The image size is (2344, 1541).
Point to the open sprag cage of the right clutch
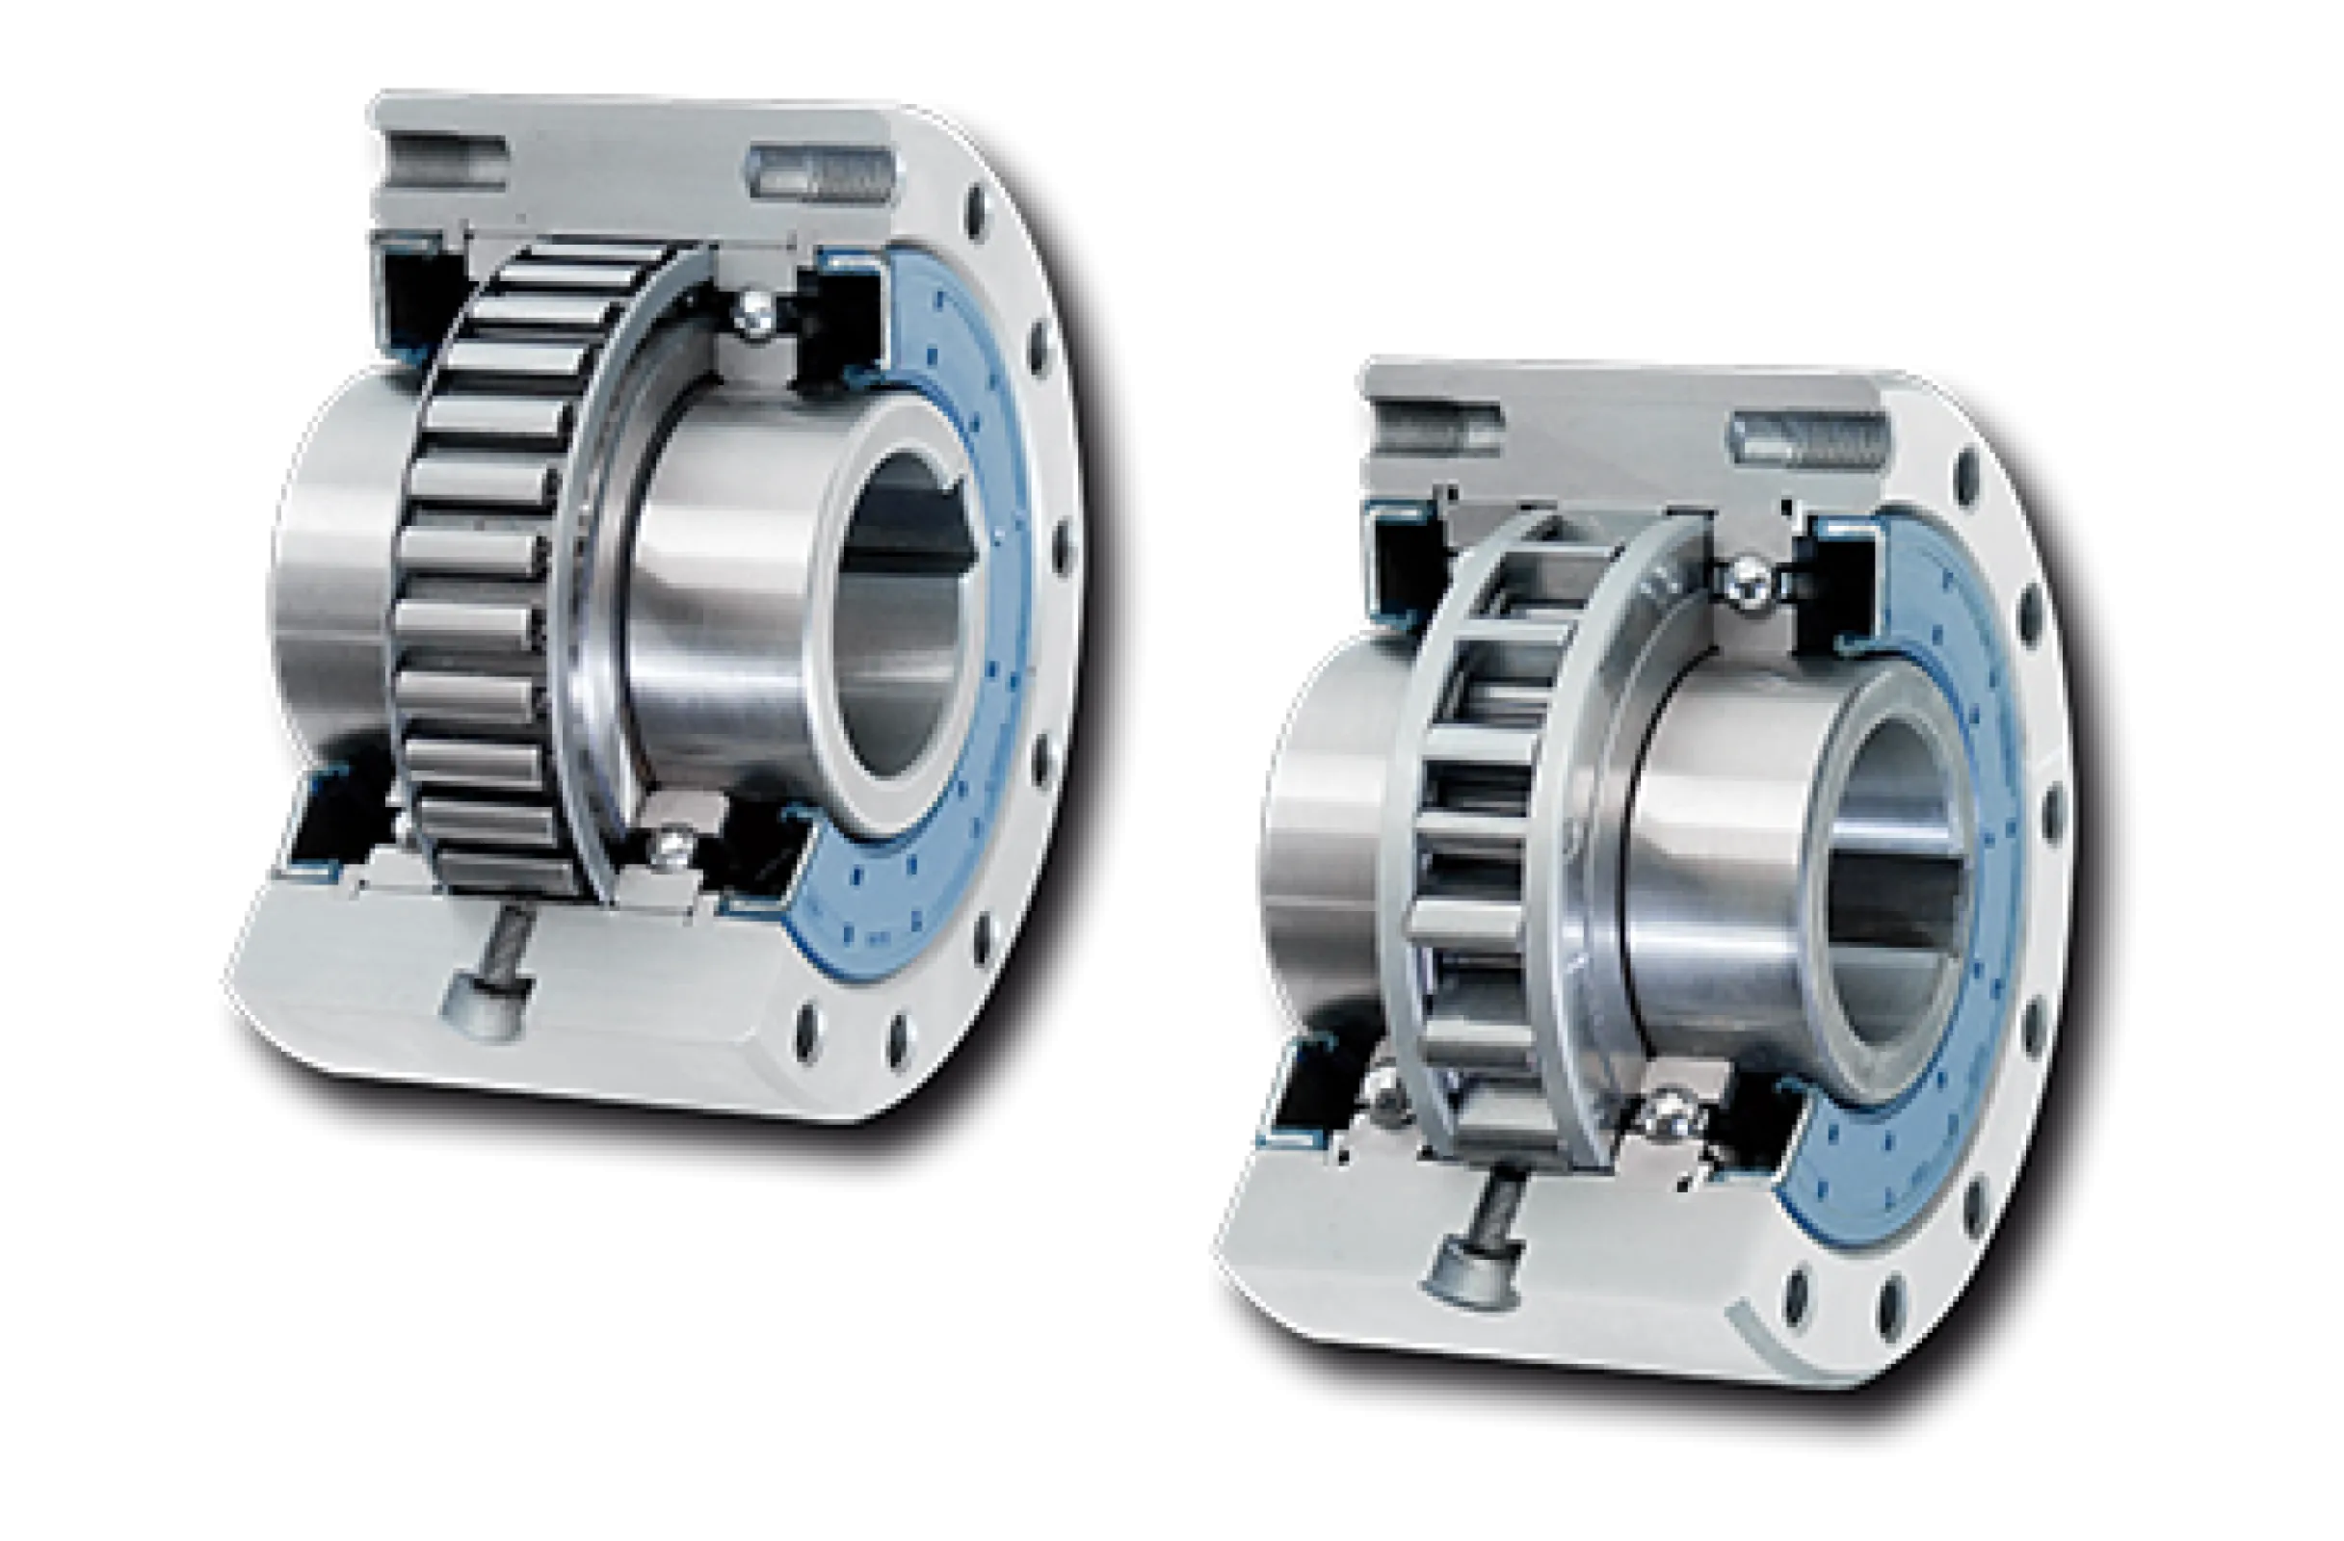pyautogui.click(x=1477, y=837)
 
